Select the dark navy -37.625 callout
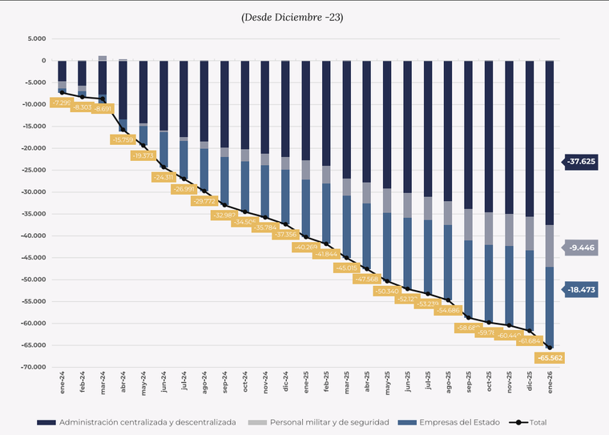[581, 161]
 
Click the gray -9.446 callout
[581, 248]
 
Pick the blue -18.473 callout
[581, 290]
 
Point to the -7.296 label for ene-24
[62, 103]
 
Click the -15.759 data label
[123, 139]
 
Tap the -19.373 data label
[143, 155]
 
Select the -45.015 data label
[347, 268]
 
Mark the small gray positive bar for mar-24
[103, 58]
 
